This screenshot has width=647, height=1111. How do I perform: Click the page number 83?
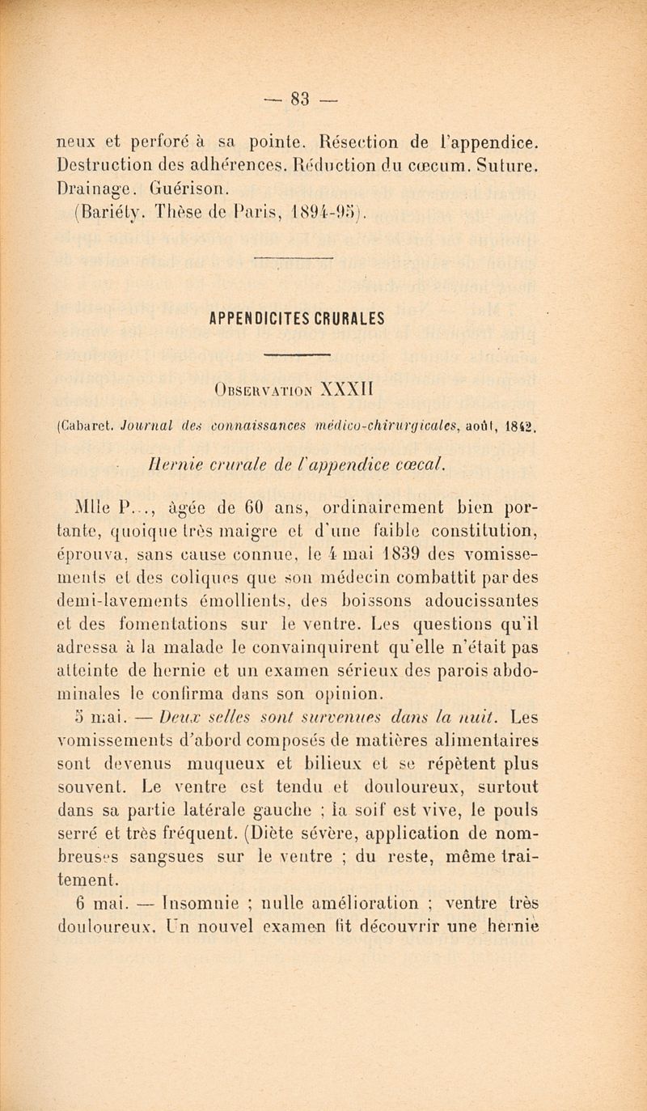pos(323,85)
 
